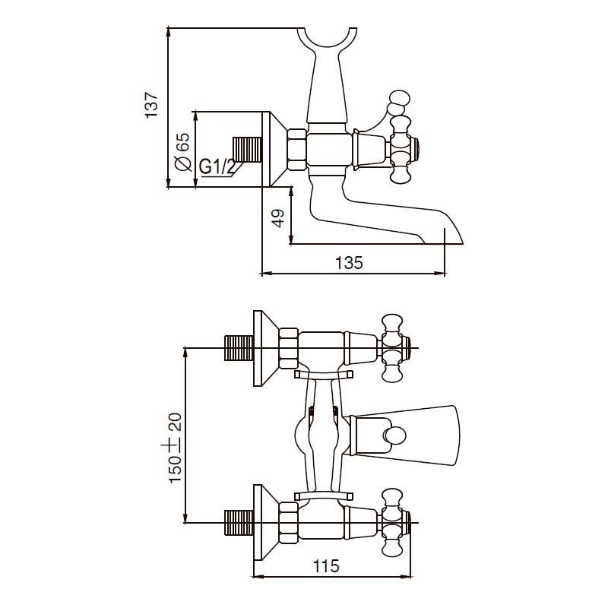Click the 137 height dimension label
tap(151, 105)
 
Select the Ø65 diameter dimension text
tap(183, 151)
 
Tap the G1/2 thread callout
tap(217, 167)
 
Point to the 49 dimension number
tap(278, 218)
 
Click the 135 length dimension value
tap(349, 262)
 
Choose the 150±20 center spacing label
tap(175, 448)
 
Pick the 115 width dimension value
tap(326, 566)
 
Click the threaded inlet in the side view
tap(247, 150)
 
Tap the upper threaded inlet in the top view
tap(239, 348)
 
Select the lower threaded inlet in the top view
tap(239, 523)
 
